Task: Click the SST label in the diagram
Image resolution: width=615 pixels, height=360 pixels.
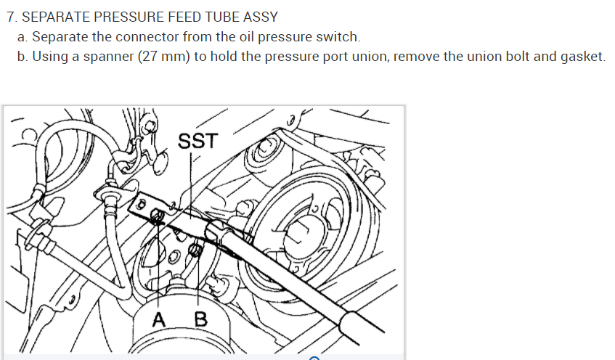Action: tap(197, 140)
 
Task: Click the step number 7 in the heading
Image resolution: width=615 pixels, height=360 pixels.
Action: tap(9, 17)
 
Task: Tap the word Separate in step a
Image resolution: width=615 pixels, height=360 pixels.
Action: tap(59, 36)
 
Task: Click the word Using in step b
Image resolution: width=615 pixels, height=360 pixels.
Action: tap(48, 57)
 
